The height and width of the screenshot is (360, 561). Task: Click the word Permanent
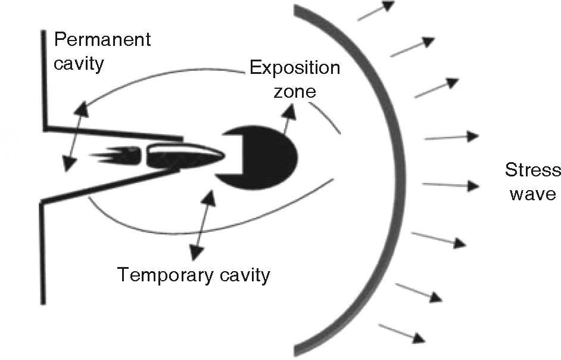click(x=102, y=41)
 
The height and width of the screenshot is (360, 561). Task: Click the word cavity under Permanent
click(x=79, y=63)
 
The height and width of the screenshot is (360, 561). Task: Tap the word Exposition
click(x=295, y=67)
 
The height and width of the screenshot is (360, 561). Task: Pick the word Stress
click(x=532, y=171)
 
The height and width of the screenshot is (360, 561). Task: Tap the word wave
click(x=532, y=194)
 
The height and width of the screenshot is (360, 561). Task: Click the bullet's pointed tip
click(x=222, y=155)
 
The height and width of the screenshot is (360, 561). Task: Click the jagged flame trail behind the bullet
click(x=113, y=157)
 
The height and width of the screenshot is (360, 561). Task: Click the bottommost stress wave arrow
click(x=402, y=333)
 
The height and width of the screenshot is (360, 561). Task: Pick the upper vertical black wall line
click(x=43, y=77)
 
